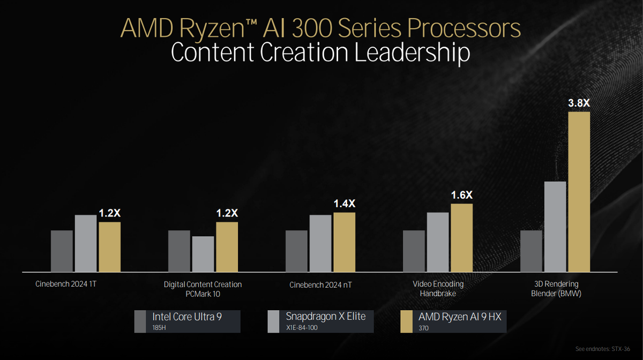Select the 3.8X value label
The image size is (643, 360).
coord(579,103)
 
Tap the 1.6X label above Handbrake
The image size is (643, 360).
coord(461,196)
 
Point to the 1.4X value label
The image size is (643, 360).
coord(344,204)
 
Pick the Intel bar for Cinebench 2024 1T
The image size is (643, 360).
coord(62,251)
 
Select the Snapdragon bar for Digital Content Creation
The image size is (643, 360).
coord(203,253)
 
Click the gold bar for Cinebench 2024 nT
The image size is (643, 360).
coord(344,242)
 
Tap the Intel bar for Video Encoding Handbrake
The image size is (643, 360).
coord(414,251)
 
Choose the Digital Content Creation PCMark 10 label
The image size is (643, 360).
coord(203,289)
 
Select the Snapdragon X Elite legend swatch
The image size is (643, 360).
coord(273,321)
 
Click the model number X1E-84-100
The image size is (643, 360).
coord(302,327)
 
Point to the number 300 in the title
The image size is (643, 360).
coord(313,28)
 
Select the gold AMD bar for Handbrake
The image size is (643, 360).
coord(461,237)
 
